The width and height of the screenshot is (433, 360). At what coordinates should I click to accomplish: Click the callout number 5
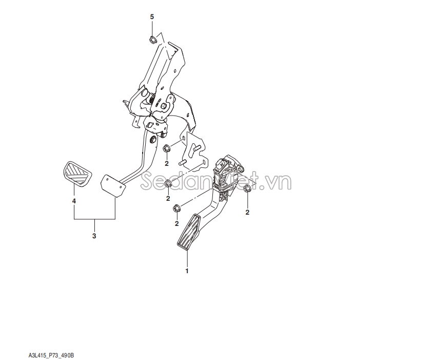[152, 17]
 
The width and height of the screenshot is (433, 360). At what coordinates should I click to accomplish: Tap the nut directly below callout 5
[152, 40]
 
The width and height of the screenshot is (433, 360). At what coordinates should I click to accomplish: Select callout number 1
[187, 271]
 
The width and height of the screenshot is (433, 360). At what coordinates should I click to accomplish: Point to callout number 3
[94, 236]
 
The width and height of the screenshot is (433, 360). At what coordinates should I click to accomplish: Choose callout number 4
[74, 201]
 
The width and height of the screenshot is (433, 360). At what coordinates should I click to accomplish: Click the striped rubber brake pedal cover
[77, 174]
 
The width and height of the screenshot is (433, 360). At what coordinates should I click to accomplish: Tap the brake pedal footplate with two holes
[113, 185]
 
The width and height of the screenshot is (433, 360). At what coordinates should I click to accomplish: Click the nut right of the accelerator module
[247, 189]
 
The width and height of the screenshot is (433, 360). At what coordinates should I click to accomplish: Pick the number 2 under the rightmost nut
[247, 212]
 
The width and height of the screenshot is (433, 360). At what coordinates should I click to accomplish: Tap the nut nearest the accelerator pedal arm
[176, 208]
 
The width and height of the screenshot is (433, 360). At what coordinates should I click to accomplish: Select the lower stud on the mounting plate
[183, 163]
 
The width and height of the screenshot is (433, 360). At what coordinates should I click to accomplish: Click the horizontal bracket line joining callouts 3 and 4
[94, 219]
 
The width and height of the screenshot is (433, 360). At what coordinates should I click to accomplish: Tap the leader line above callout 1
[187, 259]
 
